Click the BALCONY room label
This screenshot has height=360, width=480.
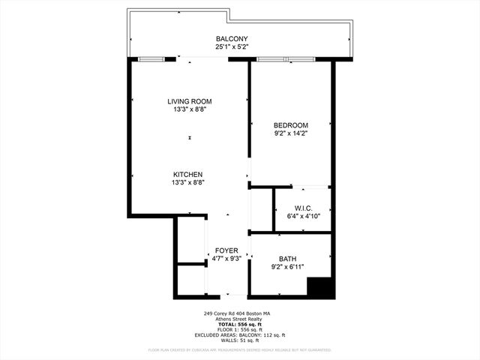click(232, 39)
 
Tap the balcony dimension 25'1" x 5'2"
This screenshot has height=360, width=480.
click(232, 46)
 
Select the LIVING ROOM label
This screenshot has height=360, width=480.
click(189, 101)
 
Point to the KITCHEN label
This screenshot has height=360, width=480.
click(188, 174)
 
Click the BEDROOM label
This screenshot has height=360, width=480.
click(291, 125)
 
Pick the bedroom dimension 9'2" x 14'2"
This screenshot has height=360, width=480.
click(291, 133)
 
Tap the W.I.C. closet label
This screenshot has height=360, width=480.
click(303, 208)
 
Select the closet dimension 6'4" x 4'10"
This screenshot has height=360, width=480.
click(303, 216)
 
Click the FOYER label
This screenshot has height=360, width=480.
click(226, 250)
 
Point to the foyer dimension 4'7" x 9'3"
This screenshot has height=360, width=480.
click(226, 259)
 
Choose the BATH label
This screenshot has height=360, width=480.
click(288, 259)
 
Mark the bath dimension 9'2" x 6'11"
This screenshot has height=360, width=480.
click(288, 267)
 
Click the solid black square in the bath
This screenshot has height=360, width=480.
click(320, 287)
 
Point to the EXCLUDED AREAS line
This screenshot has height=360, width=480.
click(239, 334)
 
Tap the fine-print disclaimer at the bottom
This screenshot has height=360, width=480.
click(239, 349)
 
